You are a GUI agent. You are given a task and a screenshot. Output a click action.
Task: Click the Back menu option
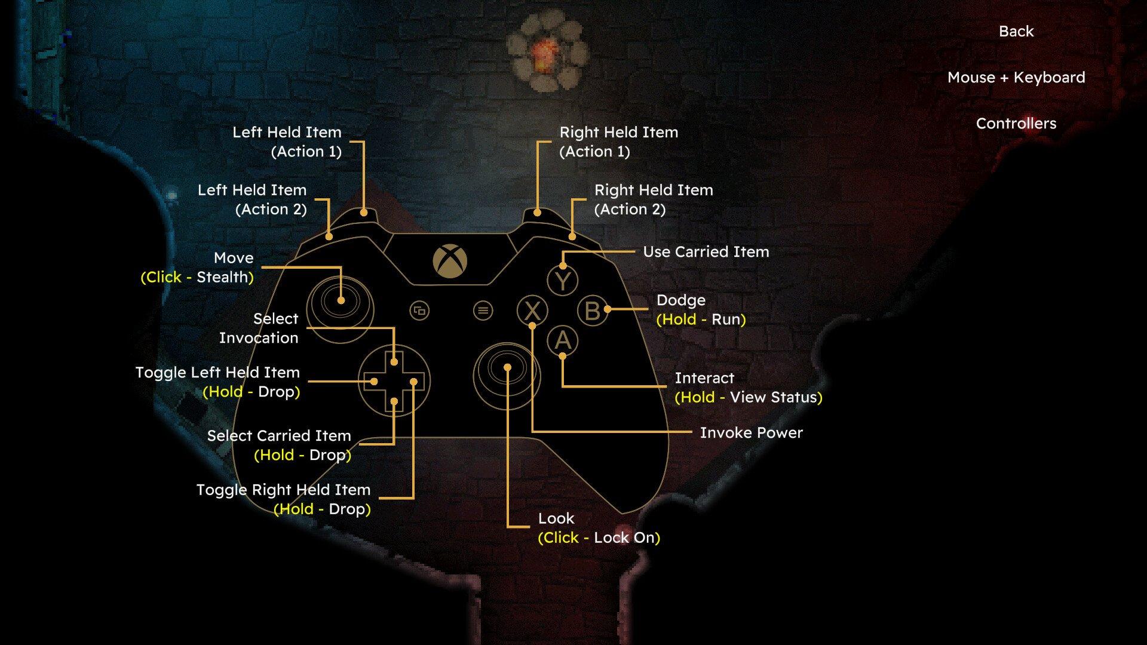point(1016,31)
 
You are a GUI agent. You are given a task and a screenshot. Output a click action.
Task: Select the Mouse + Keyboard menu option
point(1016,77)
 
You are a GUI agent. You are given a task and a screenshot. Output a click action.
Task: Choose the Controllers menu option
point(1016,124)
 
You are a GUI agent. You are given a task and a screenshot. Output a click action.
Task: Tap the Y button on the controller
point(563,280)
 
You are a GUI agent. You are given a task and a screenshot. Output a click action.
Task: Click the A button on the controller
point(563,340)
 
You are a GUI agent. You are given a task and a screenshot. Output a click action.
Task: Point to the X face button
point(532,311)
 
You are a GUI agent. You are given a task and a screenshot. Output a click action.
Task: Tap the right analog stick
point(507,375)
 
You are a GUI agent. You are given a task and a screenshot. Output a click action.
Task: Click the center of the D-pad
point(394,381)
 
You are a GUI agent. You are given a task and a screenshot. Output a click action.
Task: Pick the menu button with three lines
point(483,311)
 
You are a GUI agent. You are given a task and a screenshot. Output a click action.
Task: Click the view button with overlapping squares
point(420,311)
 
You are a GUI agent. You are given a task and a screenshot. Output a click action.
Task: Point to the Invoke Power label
point(752,432)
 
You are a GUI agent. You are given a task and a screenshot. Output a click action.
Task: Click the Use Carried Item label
point(706,251)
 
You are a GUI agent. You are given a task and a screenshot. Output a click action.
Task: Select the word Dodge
point(681,300)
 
